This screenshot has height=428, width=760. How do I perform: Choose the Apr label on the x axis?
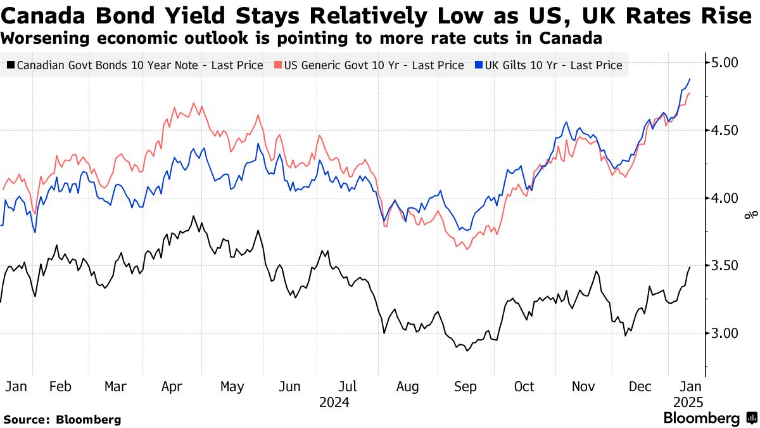pos(172,386)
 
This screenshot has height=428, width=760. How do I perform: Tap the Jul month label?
pos(348,386)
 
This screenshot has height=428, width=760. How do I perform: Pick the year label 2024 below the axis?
pos(334,402)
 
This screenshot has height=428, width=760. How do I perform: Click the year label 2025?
pos(687,402)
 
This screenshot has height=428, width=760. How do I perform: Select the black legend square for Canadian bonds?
pos(11,65)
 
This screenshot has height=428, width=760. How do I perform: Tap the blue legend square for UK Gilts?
pos(478,65)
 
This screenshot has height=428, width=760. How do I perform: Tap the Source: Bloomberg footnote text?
pos(62,419)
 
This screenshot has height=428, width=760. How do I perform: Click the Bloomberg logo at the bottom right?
pos(709,418)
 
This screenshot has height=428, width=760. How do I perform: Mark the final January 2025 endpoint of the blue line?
pos(690,79)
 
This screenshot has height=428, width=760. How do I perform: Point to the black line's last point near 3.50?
pos(690,267)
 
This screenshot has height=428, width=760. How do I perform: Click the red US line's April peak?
pos(193,103)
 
